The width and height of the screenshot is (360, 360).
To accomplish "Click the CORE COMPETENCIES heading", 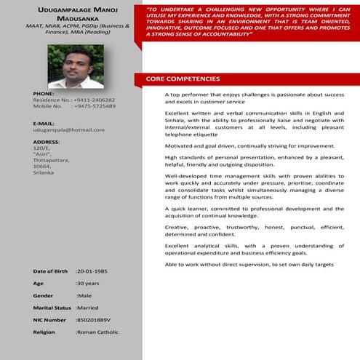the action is click(183, 79).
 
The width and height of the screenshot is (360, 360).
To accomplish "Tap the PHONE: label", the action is click(44, 94).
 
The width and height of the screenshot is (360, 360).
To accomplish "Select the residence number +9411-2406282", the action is click(95, 100).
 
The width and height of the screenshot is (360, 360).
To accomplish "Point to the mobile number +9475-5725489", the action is click(95, 106).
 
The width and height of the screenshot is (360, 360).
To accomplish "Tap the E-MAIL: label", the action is click(45, 124).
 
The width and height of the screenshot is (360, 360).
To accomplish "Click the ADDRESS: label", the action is click(47, 142).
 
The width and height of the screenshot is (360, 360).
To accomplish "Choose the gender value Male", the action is click(85, 296).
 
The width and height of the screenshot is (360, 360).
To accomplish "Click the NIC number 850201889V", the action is click(95, 320).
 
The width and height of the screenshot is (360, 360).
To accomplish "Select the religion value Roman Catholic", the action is click(99, 332).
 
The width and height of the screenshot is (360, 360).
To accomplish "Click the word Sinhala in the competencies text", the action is click(177, 125).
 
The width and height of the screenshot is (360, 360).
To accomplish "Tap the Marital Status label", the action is click(53, 308).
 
